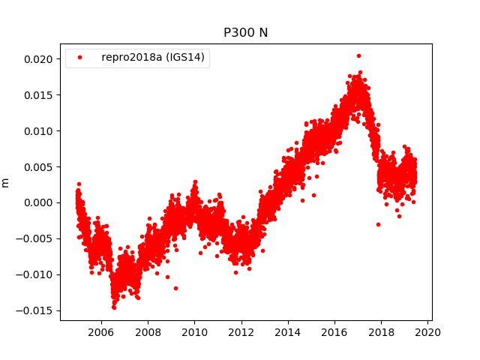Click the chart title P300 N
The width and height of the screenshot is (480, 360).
pos(245,33)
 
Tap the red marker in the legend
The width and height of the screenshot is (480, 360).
pos(81,56)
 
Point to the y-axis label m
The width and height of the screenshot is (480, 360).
pos(6,182)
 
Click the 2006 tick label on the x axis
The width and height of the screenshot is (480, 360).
pos(101,331)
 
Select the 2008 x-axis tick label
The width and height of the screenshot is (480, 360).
pos(148,331)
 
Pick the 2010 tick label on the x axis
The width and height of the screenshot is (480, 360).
pos(194,331)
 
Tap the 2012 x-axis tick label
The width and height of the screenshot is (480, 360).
pos(241,331)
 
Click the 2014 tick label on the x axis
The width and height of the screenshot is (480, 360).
pos(288,331)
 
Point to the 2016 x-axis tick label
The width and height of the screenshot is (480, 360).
pos(334,331)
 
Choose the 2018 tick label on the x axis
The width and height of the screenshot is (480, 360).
pos(381,331)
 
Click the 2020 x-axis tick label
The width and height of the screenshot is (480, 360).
pos(428,331)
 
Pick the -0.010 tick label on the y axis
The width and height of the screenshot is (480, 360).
pos(37,274)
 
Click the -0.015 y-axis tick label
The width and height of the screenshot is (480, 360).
pos(37,310)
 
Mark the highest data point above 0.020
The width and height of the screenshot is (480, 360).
pos(358,55)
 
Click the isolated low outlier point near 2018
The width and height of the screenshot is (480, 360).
pos(378,224)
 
